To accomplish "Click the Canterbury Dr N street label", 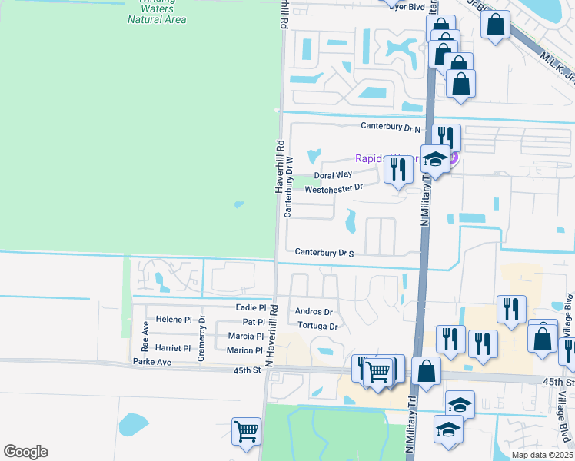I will point(391,128).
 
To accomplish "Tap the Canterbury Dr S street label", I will point(324,253).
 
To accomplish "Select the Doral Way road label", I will point(333,175).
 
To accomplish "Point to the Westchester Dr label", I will point(334,189).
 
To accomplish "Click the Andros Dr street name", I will point(314,312).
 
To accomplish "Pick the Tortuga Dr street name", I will point(317,326).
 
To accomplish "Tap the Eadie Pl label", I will point(251,307).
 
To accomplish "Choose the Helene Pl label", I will point(173,320).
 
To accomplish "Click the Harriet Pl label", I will point(172,348).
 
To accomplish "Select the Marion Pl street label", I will point(245,350).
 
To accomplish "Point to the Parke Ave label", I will point(151,361).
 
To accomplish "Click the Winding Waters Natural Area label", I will point(157,11).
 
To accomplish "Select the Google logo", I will point(25,452).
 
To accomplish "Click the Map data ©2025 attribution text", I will point(542,455).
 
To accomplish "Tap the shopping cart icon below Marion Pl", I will point(246,431).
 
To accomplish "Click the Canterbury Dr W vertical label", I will point(289,187).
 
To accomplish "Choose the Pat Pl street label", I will point(253,322).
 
